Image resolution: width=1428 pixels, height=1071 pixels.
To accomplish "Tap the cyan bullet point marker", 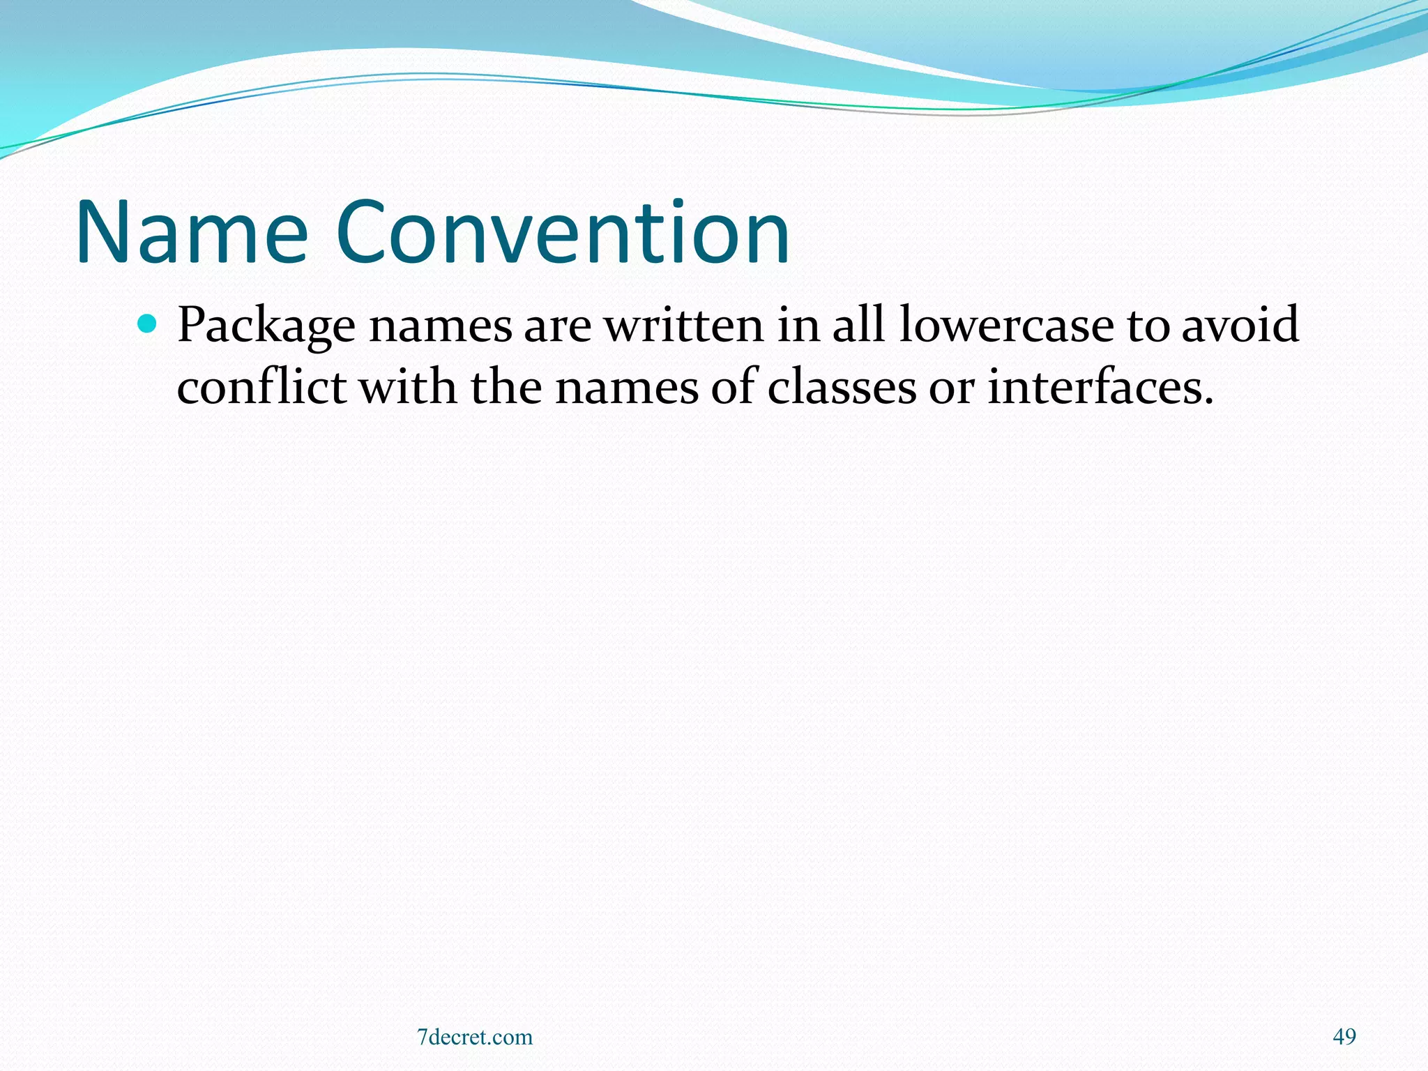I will [x=147, y=323].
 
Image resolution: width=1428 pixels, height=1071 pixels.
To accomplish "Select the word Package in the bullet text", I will [x=266, y=326].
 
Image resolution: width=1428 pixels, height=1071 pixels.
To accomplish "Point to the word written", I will [x=683, y=325].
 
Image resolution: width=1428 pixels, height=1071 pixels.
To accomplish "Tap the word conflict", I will [x=261, y=387].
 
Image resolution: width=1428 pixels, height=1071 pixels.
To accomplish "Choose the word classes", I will [x=842, y=387].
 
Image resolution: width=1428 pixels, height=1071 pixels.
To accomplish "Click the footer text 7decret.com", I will [x=474, y=1037].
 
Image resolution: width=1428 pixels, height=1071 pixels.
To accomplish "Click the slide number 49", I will [x=1344, y=1037].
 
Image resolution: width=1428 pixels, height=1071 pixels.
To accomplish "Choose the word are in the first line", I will [x=557, y=326].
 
